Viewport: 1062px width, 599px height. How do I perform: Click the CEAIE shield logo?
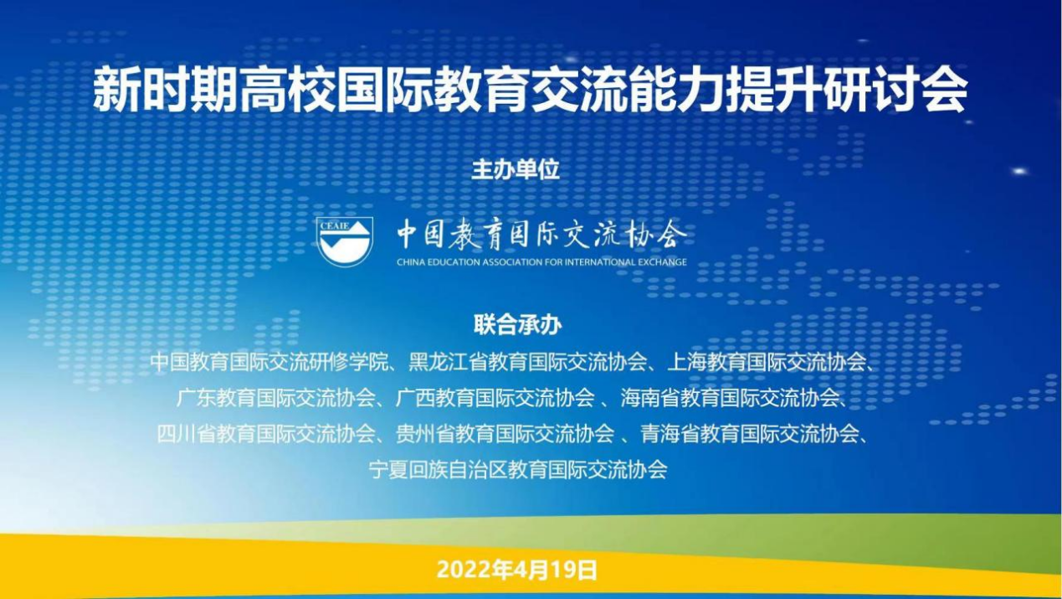345,241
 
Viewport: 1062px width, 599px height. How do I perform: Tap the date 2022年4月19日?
517,570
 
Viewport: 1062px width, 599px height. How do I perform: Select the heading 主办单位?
516,170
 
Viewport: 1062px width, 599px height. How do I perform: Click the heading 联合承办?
518,325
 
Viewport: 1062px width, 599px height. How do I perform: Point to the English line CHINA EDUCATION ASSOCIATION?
541,262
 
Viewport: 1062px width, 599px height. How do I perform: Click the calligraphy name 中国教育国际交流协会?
542,235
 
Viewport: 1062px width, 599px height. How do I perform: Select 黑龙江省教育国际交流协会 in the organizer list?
528,363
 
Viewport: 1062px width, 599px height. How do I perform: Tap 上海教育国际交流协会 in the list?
767,363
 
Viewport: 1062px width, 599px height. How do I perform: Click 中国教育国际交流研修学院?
269,363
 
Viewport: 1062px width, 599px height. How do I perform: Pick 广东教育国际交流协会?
276,398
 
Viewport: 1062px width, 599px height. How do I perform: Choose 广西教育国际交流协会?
495,398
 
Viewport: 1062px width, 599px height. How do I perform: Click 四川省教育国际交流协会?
266,433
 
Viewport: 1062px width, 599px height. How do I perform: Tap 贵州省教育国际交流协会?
505,433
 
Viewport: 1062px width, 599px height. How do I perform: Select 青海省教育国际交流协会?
750,433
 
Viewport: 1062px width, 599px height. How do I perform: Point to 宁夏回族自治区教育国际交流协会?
518,469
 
